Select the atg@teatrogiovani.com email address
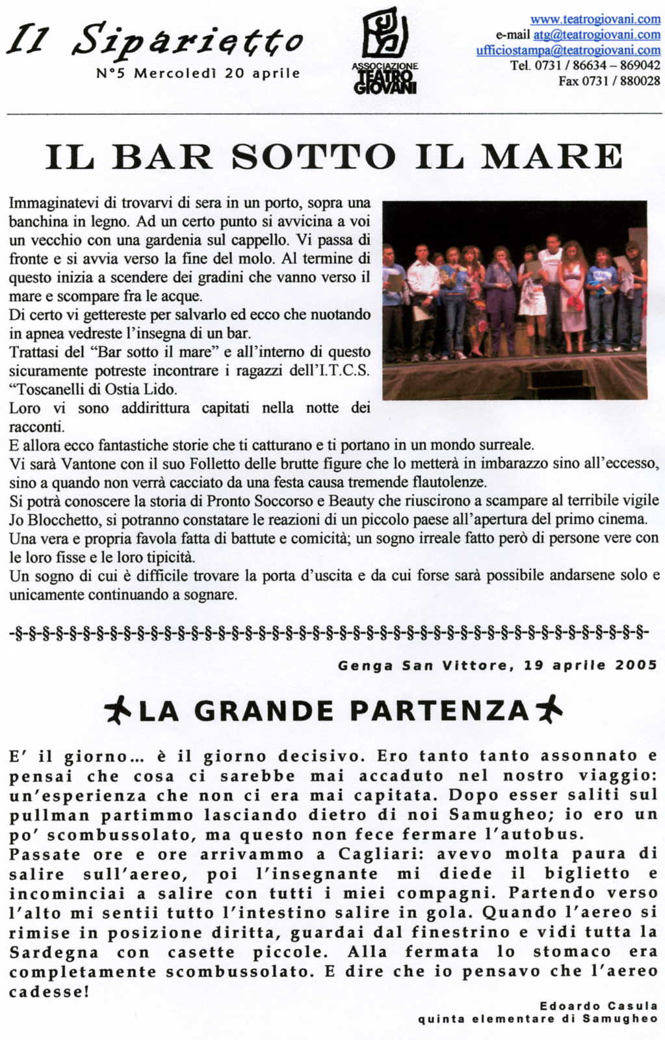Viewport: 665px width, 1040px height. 596,34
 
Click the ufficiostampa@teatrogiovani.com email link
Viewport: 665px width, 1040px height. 568,50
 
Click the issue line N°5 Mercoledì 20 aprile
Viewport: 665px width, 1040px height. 198,73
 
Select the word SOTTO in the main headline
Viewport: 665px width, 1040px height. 313,157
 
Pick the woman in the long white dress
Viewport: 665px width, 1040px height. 573,293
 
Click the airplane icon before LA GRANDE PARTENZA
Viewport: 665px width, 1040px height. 117,710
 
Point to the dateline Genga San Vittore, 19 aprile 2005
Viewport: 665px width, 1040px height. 497,665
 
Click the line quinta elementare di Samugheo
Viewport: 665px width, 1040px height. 538,1019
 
